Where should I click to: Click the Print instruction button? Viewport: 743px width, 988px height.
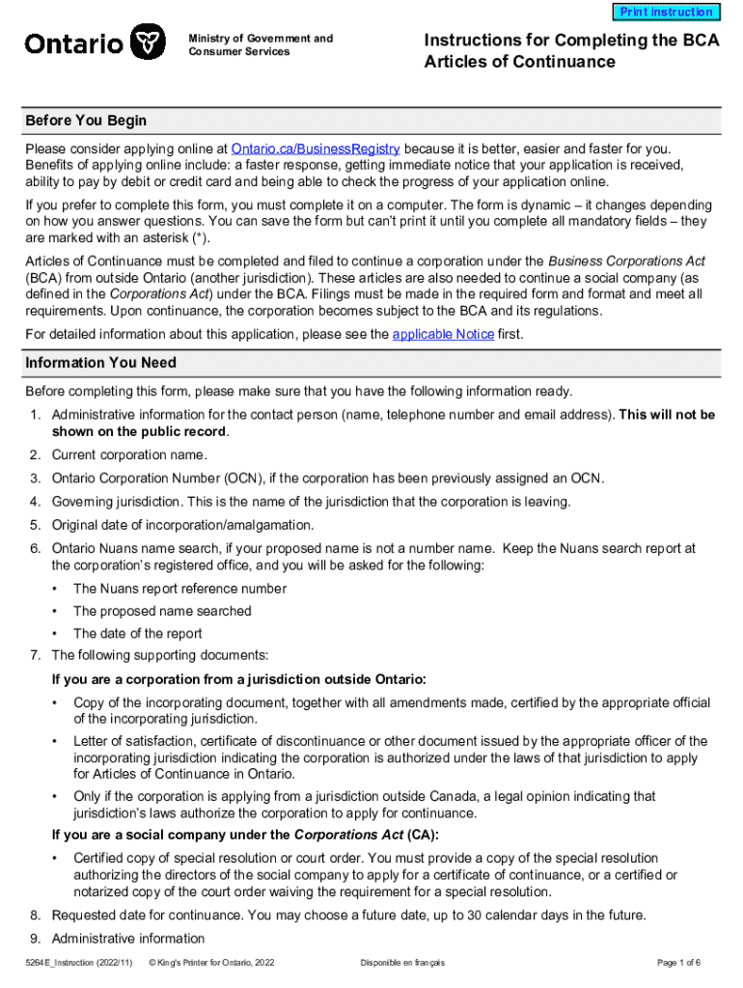coord(666,13)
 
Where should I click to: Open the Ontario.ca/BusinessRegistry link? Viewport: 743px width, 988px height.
coord(316,149)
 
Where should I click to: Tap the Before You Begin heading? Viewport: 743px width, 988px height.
coord(86,121)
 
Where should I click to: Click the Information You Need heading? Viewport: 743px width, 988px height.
coord(100,363)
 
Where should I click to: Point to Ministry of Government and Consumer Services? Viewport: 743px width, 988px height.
coord(261,44)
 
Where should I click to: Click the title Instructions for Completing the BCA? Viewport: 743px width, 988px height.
coord(571,40)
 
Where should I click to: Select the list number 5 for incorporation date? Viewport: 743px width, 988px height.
coord(34,525)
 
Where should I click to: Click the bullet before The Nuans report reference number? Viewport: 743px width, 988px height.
coord(56,589)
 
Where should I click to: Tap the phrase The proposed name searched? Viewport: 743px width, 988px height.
coord(162,611)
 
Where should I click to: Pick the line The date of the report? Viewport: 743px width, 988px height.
coord(138,634)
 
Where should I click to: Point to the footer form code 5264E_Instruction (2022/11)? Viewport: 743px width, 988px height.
coord(79,963)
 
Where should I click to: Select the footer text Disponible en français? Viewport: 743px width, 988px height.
coord(402,963)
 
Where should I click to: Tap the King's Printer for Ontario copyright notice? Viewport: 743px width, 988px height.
coord(217,963)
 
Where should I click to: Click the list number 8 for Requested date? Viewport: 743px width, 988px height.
coord(34,915)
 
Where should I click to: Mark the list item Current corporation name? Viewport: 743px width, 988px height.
coord(129,454)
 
